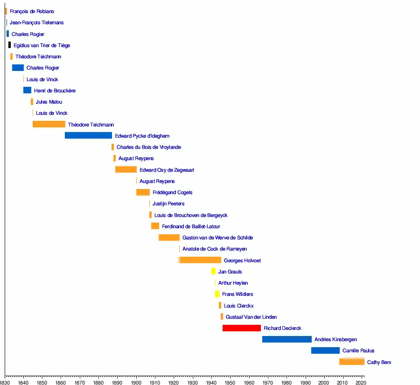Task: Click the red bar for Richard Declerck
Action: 241,328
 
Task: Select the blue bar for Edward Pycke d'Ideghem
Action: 88,136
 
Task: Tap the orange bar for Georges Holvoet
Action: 200,260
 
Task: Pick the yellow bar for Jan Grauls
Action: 213,272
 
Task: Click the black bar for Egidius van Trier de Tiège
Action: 9,45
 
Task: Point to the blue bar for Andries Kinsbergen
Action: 287,339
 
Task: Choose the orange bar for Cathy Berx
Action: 351,362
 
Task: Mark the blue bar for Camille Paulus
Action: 325,350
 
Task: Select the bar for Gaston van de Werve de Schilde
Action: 169,238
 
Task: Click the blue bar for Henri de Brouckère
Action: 27,90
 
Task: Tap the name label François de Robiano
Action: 32,11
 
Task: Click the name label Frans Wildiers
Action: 238,294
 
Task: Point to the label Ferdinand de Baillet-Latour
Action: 191,226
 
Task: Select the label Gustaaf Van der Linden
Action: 251,317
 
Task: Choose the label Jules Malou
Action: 49,102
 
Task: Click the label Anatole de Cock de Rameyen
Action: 215,249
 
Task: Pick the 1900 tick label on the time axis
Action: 136,382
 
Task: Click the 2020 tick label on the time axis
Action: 361,382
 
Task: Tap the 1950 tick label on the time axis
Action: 230,382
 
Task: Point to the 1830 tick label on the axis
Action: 5,382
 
